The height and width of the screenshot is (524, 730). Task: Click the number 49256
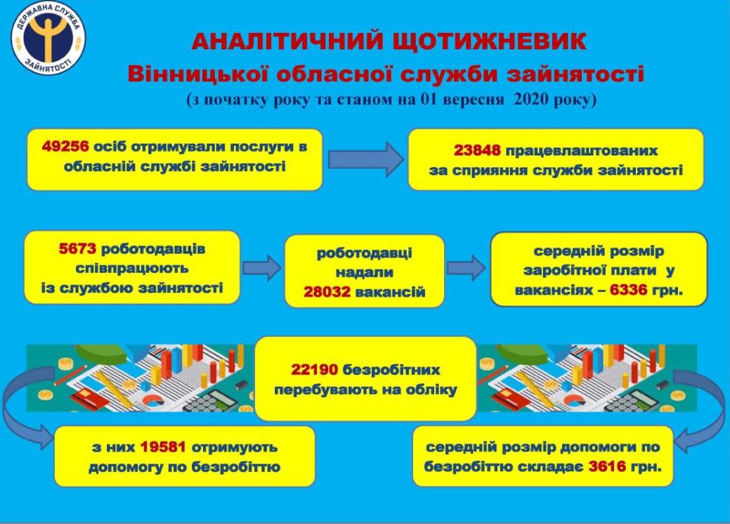click(65, 146)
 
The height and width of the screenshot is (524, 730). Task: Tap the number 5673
click(77, 248)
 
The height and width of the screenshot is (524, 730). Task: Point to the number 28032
click(327, 292)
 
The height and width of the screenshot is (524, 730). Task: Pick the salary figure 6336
click(629, 290)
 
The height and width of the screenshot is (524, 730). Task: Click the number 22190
click(314, 370)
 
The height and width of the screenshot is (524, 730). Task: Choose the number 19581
click(163, 447)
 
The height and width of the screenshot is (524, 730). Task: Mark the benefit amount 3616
click(607, 466)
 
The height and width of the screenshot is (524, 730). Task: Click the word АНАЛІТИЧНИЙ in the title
click(288, 41)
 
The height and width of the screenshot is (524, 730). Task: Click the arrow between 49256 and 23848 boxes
click(366, 160)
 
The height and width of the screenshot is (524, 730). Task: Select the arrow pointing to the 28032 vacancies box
click(262, 267)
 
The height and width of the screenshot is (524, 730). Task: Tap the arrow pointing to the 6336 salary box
click(466, 267)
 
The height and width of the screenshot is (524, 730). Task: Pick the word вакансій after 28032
click(390, 293)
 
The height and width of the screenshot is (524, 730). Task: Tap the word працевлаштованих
click(581, 151)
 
